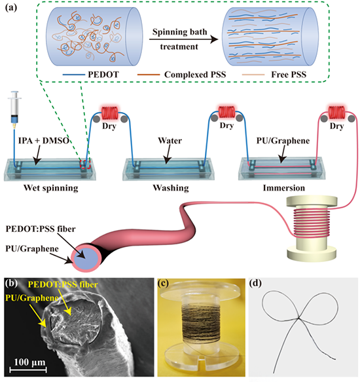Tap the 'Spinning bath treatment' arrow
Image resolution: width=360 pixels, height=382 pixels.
coord(183,39)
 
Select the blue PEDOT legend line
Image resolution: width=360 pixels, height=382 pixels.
coord(73,75)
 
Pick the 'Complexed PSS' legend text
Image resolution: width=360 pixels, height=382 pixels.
coord(195,75)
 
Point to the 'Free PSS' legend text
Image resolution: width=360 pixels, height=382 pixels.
coord(289,75)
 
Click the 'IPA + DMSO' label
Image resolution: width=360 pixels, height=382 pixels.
coord(44,141)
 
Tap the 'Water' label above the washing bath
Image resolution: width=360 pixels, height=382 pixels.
coord(170,141)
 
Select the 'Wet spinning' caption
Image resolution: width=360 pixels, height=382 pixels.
coord(51,188)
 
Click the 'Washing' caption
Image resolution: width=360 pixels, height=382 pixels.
coord(171,188)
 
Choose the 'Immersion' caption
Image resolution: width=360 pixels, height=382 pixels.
coord(284,188)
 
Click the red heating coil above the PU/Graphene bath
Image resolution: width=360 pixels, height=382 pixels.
coord(336,112)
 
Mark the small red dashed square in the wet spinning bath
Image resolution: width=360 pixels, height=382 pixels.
coord(85,164)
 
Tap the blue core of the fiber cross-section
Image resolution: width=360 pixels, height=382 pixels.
coord(86,258)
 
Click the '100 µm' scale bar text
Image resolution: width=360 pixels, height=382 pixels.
coord(29,362)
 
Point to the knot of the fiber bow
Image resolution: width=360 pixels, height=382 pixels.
coord(298,318)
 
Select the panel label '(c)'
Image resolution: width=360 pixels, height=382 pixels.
coord(164,283)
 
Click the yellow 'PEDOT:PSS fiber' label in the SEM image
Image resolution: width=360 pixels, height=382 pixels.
coord(63,284)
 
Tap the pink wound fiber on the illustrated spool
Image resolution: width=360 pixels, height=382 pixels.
coord(312,222)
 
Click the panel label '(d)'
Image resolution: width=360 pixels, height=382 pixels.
coord(255,283)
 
